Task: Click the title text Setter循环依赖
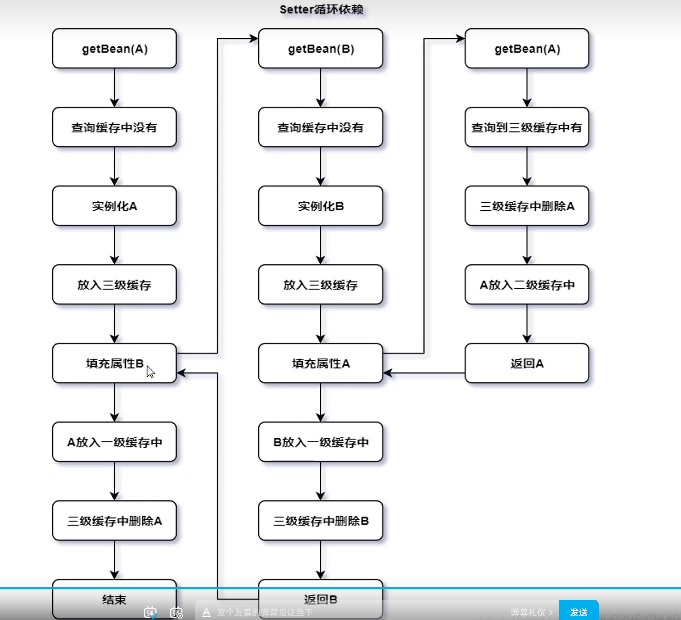click(x=321, y=10)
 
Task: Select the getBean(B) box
click(x=320, y=49)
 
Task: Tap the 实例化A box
click(x=114, y=206)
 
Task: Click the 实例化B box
click(x=320, y=206)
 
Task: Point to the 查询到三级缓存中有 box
click(x=527, y=127)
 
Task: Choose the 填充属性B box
click(x=114, y=363)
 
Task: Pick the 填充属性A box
click(x=320, y=363)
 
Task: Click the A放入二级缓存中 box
click(x=527, y=285)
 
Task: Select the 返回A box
click(x=527, y=363)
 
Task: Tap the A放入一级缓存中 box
click(x=114, y=442)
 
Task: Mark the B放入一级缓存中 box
click(x=320, y=442)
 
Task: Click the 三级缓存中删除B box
click(x=320, y=521)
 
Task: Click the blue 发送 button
click(x=578, y=611)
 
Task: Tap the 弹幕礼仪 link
click(x=531, y=612)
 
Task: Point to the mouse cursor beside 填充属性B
click(x=150, y=372)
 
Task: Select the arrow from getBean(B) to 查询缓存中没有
click(x=320, y=88)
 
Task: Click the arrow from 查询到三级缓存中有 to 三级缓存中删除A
click(x=527, y=166)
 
